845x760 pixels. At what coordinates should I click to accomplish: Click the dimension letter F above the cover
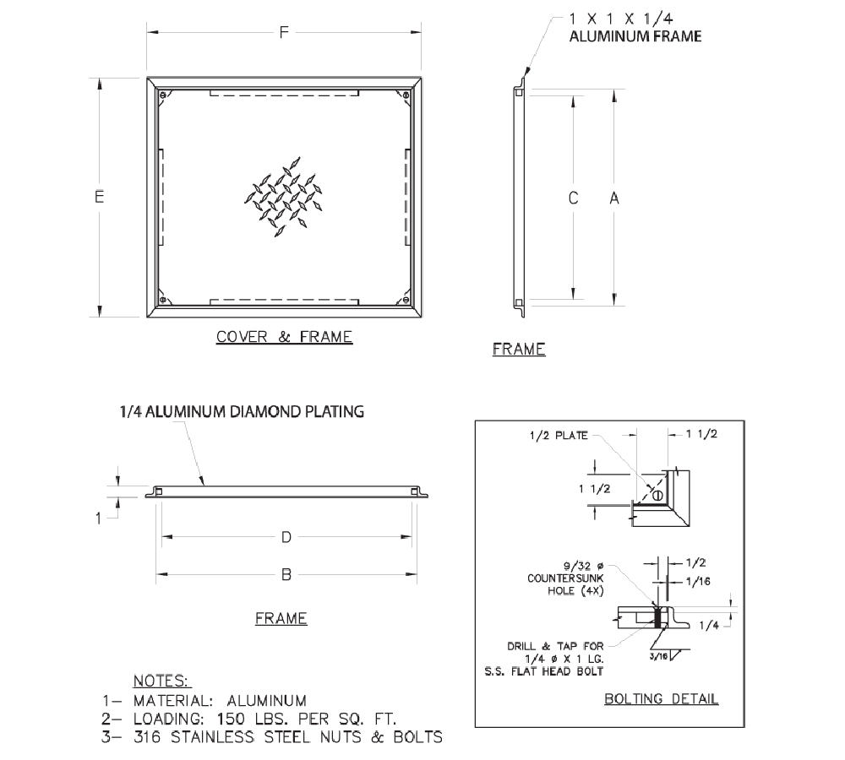285,33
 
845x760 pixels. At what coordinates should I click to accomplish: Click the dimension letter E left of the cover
100,197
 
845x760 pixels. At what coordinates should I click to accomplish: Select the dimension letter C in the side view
573,198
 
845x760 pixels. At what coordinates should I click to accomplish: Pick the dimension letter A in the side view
614,198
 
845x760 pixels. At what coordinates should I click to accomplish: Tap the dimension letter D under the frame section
286,537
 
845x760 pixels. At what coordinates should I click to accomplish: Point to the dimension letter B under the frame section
286,575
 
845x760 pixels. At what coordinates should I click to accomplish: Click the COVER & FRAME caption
284,337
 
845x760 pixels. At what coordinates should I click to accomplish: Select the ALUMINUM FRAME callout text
636,36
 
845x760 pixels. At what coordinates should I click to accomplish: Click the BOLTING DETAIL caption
662,698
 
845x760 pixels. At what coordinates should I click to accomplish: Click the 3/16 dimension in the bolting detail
657,654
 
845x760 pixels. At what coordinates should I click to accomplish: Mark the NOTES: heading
162,681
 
